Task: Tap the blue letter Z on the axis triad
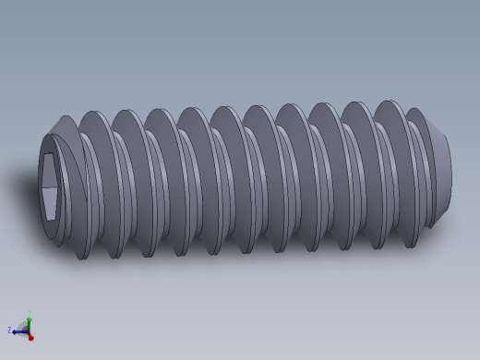9,330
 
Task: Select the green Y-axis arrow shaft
29,323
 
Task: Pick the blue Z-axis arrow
18,330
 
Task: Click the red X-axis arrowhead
30,337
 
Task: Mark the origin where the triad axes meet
29,330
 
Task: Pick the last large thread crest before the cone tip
395,171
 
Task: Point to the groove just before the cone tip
421,175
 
